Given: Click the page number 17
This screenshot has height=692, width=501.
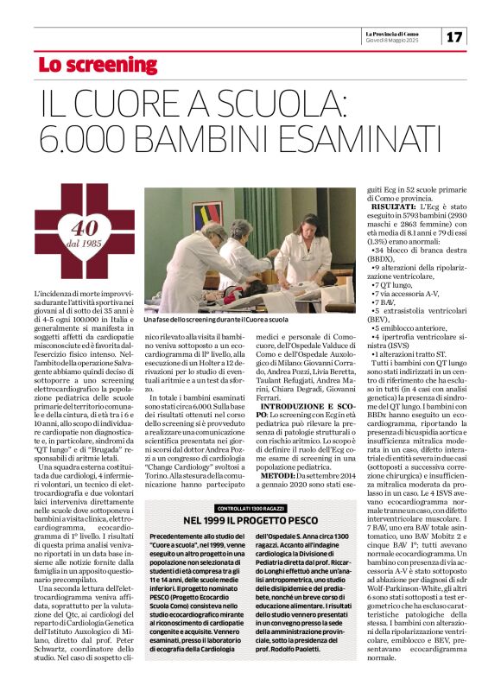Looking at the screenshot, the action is (x=455, y=36).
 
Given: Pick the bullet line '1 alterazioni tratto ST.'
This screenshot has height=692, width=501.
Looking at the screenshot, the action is (x=415, y=353).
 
